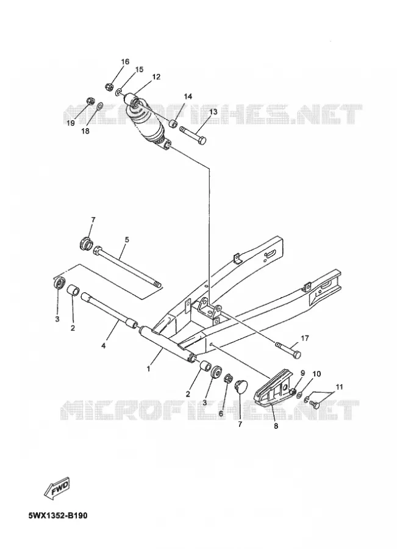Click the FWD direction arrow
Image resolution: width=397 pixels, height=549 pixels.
(58, 487)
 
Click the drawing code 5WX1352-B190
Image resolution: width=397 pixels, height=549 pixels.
(58, 515)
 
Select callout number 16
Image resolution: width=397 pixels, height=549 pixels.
(125, 62)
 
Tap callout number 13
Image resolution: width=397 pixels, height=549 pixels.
(213, 112)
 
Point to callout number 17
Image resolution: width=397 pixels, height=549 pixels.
(304, 338)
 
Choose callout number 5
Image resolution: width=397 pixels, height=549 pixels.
(127, 240)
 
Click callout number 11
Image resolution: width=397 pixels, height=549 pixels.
(339, 387)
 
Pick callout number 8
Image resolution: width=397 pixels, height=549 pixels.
(276, 426)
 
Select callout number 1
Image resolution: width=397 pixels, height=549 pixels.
(148, 368)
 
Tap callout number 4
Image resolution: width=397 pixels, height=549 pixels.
(103, 346)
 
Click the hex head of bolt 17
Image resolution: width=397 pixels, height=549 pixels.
(296, 354)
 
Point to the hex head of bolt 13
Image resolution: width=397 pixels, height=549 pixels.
(202, 140)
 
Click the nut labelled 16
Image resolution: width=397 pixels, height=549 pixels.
(109, 85)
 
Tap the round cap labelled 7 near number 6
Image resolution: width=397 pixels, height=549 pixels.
(240, 386)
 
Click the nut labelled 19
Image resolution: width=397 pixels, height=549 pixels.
(90, 101)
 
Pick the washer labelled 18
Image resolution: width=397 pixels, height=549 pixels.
(99, 105)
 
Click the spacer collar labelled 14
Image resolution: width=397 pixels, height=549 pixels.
(173, 124)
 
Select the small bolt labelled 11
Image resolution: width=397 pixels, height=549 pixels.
(315, 404)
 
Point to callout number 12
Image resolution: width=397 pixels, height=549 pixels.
(156, 77)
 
